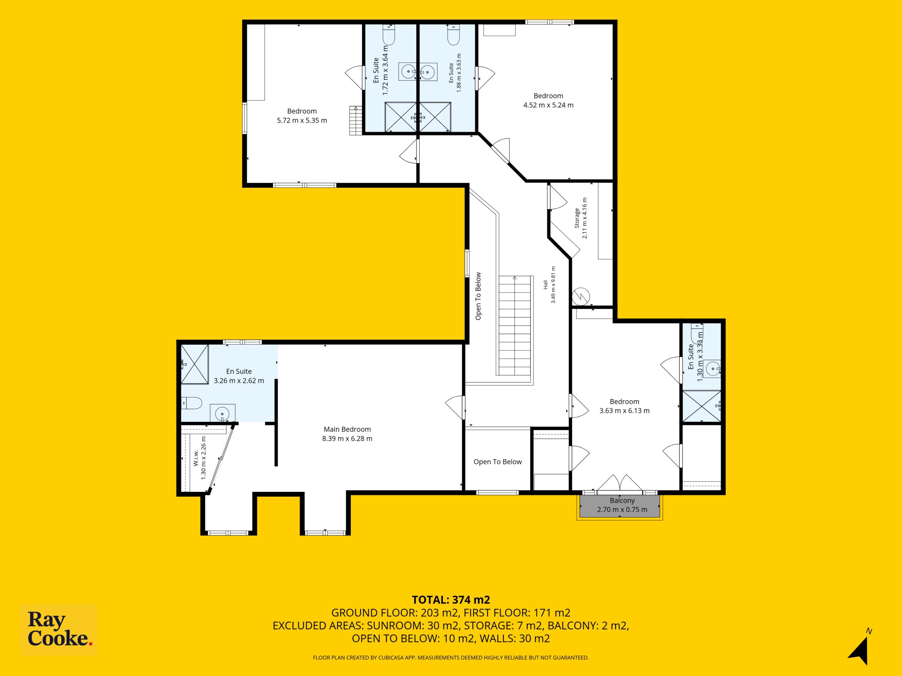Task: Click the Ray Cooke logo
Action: click(x=59, y=630)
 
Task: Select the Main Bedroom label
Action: click(x=347, y=429)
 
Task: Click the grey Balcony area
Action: click(x=620, y=506)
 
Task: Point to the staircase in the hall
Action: click(x=515, y=326)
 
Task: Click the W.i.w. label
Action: click(x=196, y=458)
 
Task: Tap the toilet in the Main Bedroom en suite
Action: click(x=192, y=403)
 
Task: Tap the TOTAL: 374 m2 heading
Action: click(x=451, y=600)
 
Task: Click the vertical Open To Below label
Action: click(x=478, y=296)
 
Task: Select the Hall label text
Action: click(x=545, y=284)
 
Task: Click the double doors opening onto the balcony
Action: click(x=620, y=482)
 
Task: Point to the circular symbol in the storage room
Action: click(x=581, y=296)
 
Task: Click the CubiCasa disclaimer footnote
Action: click(x=451, y=658)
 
